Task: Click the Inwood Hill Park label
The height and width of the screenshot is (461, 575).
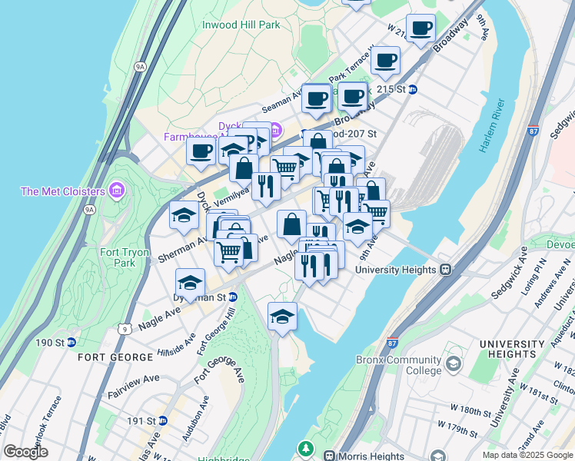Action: point(241,25)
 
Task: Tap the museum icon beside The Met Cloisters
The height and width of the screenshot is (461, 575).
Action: point(116,189)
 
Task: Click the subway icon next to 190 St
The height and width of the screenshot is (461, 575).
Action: point(71,342)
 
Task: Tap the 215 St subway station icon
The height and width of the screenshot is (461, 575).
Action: point(412,89)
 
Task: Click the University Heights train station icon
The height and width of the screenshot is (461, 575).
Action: point(445,270)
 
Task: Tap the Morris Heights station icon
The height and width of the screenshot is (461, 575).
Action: point(331,456)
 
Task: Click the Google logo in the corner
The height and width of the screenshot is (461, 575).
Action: point(25,452)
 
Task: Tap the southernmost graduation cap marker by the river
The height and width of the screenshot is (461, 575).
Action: point(282,315)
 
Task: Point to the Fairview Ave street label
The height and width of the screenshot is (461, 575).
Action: point(133,383)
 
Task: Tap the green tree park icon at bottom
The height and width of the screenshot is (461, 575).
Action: point(307,447)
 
